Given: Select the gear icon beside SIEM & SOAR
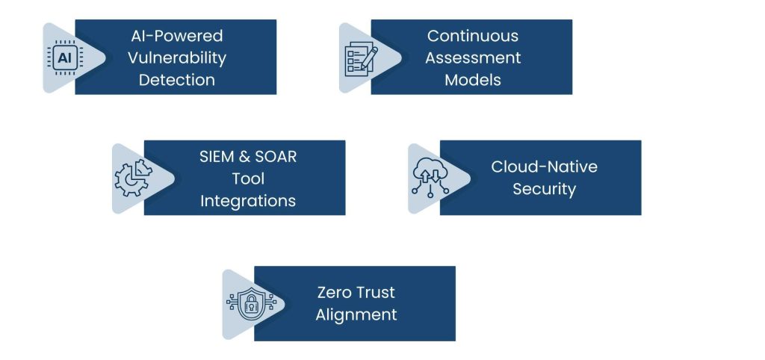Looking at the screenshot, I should (x=131, y=179).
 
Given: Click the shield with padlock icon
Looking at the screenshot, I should (x=242, y=304).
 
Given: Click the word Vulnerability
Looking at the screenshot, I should (x=176, y=58).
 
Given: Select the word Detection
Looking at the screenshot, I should (x=176, y=79).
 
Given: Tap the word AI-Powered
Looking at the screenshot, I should (x=176, y=36).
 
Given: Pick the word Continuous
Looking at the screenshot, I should (x=472, y=36).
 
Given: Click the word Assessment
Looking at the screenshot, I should (x=472, y=58).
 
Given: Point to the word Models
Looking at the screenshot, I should (x=472, y=79).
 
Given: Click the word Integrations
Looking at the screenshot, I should (x=247, y=201).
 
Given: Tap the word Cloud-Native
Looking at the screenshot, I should (x=543, y=167).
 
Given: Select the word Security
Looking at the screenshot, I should (x=543, y=189).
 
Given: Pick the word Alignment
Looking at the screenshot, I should (x=356, y=314).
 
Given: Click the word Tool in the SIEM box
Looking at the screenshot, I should (x=247, y=179).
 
